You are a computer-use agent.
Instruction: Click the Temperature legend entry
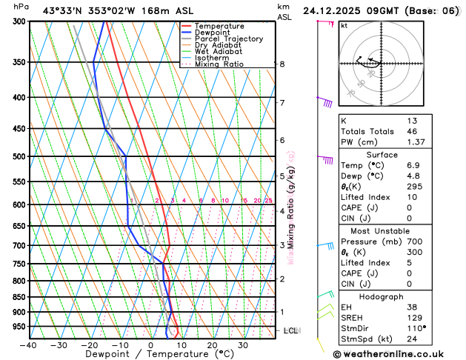pyautogui.click(x=219, y=26)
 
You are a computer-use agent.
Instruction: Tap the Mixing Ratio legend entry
pyautogui.click(x=219, y=64)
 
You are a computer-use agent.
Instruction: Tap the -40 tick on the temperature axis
pyautogui.click(x=29, y=344)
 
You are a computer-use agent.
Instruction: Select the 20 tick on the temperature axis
pyautogui.click(x=212, y=344)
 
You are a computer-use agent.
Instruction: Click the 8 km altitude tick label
pyautogui.click(x=282, y=64)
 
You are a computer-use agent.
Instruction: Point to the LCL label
pyautogui.click(x=290, y=330)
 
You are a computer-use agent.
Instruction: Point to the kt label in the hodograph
pyautogui.click(x=344, y=25)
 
